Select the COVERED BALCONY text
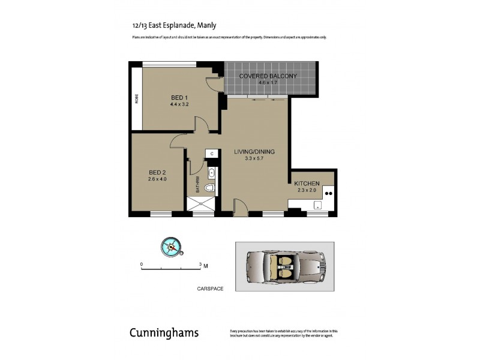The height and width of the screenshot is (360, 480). pos(268,76)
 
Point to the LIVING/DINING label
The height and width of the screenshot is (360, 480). pos(254,152)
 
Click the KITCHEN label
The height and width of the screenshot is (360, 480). pos(306,183)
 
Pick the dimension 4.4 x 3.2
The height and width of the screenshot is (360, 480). pos(179,104)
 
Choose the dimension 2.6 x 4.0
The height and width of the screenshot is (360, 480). pos(157,178)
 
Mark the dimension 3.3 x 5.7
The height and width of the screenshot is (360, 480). pos(254,158)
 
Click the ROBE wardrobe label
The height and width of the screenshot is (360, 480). pos(137,98)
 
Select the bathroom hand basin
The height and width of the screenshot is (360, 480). pos(211,174)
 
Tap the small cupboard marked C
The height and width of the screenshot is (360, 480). pos(211,154)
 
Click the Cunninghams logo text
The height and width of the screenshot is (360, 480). pos(164,333)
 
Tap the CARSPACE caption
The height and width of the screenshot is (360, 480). pos(210,289)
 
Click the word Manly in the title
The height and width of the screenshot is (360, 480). pos(206,25)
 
